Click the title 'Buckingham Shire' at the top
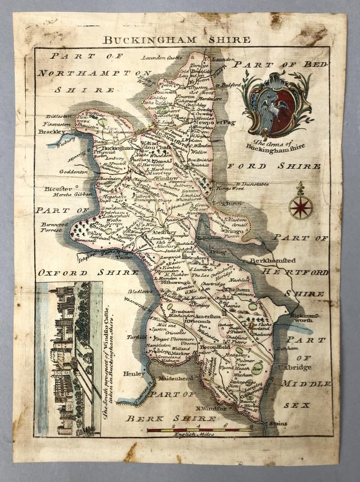pos(176,40)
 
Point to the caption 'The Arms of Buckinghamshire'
pos(275,144)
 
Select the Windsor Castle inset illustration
pos(68,358)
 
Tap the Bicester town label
pos(58,189)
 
